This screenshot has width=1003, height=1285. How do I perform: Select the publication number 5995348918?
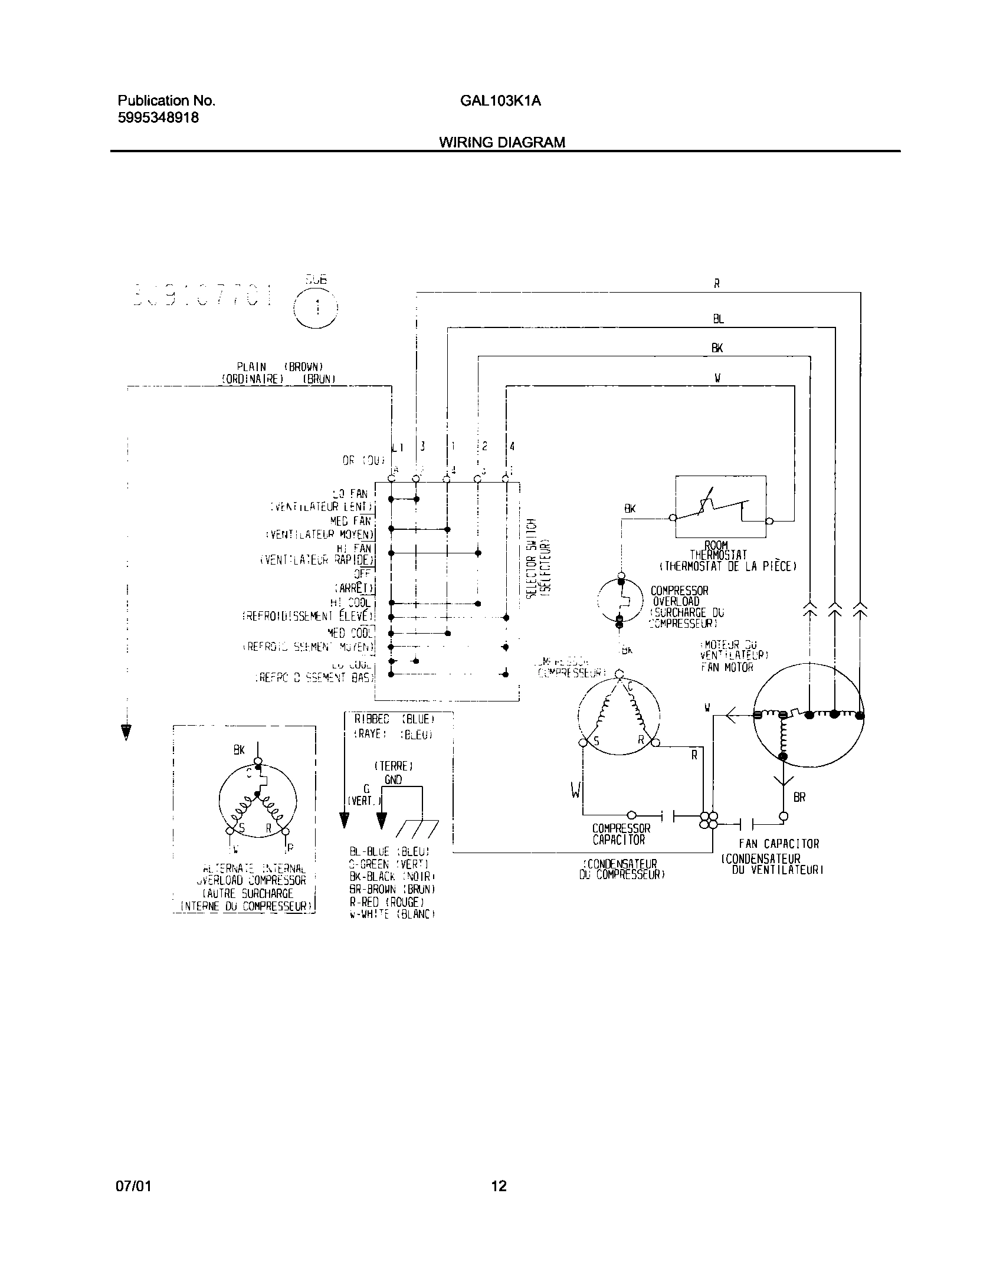coord(158,117)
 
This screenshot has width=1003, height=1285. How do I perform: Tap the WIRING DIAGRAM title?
coord(501,142)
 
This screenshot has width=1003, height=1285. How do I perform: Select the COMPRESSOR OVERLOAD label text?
coord(678,596)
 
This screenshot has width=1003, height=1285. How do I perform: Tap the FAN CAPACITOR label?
coord(779,844)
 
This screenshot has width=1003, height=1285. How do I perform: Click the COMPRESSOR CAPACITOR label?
coord(621,834)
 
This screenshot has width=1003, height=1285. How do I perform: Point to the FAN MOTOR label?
coord(727,667)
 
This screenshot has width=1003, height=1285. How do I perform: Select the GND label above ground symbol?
coord(393,779)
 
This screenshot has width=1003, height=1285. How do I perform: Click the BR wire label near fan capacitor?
coord(799,797)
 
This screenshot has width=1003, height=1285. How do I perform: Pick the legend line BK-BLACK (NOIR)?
coord(392,876)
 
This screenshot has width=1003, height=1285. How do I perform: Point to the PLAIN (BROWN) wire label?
coord(280,366)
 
